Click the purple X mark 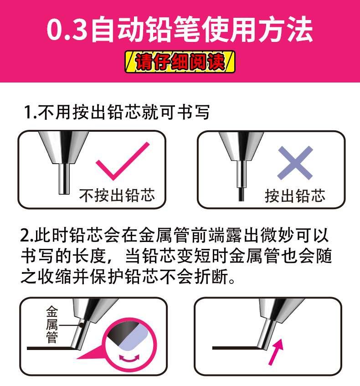[x=295, y=163]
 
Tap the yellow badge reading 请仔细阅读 [x=180, y=62]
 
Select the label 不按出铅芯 [x=117, y=196]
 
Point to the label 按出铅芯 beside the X [x=295, y=196]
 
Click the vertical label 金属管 [x=52, y=324]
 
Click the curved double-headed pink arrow [x=129, y=358]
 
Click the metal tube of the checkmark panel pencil [x=64, y=179]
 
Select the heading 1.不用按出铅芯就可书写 [x=117, y=112]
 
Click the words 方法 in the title [x=286, y=30]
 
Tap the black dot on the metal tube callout [x=81, y=325]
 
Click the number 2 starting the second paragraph [x=25, y=236]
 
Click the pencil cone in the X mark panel [x=242, y=146]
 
